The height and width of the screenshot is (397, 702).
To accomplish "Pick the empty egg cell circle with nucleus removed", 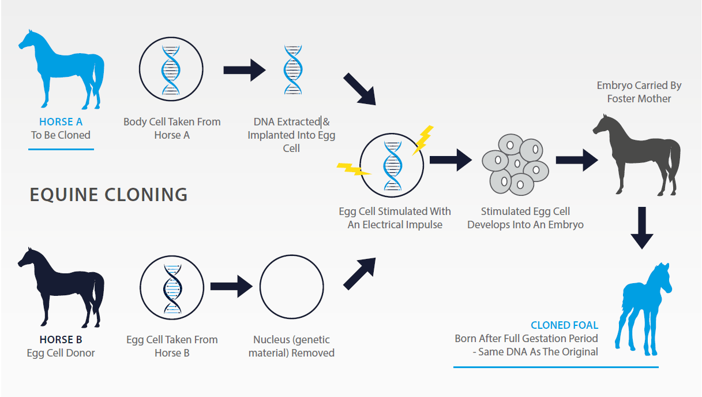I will [291, 287].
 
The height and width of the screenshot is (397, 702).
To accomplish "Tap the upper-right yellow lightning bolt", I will [423, 139].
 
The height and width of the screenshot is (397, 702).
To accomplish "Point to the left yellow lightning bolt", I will [353, 169].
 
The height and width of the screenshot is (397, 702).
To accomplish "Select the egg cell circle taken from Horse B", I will [172, 288].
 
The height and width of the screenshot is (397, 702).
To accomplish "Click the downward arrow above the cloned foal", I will [641, 227].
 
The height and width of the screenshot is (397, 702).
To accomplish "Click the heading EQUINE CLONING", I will [108, 195].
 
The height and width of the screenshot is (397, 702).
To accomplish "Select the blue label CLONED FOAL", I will [564, 325].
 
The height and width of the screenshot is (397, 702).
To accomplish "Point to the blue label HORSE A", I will [61, 122].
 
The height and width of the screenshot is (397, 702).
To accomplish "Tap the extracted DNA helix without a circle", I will [292, 70].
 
